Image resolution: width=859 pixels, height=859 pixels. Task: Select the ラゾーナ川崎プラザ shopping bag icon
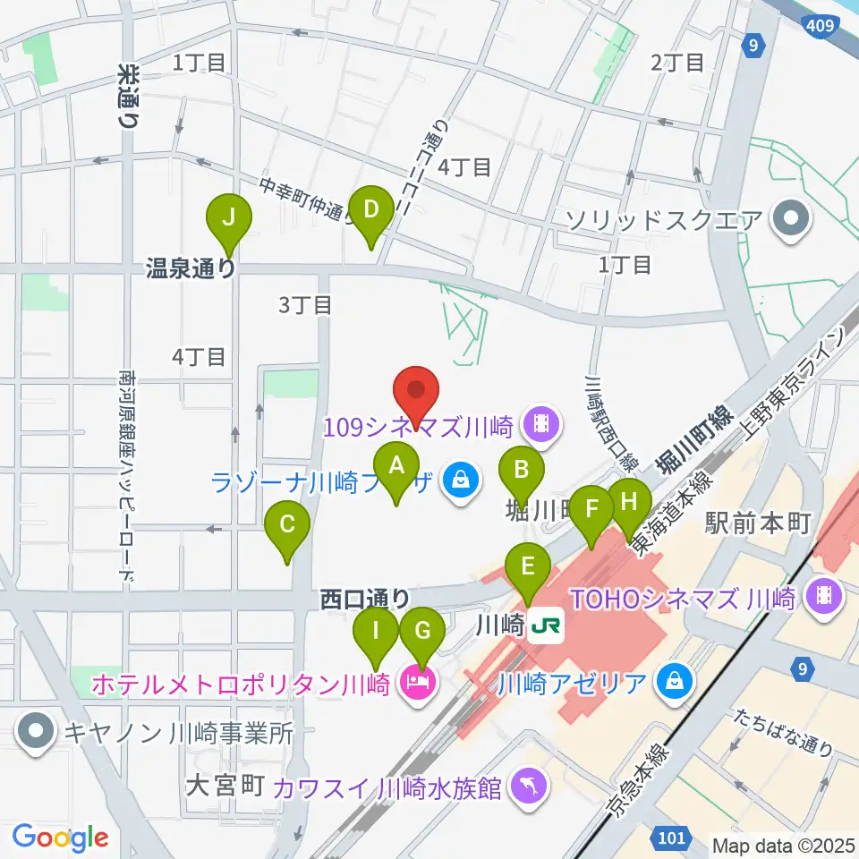click(460, 483)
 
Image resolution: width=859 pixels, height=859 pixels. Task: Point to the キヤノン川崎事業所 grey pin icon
click(37, 732)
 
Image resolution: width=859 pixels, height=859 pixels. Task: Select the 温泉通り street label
click(191, 268)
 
